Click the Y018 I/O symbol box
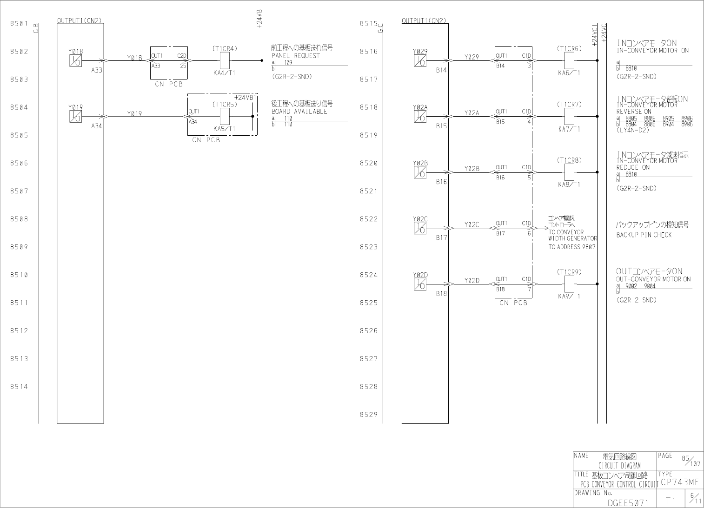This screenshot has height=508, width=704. [x=75, y=61]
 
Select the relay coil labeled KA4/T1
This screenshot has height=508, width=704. [x=225, y=60]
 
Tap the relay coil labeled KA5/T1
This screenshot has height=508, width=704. [x=225, y=116]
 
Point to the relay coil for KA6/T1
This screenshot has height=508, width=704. [x=569, y=60]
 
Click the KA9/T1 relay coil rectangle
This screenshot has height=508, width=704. [x=569, y=284]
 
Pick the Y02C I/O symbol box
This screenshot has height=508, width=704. [x=420, y=228]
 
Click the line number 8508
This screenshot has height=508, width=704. [x=19, y=219]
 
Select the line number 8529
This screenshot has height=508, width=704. [x=368, y=415]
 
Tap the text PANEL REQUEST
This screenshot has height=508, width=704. [x=296, y=55]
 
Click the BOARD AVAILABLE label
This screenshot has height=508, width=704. [x=299, y=112]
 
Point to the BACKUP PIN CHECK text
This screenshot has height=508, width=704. [x=644, y=235]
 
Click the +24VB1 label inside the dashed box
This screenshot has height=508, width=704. [x=246, y=98]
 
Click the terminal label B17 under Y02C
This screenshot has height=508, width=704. [x=441, y=238]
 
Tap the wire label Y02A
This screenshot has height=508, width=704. [x=472, y=113]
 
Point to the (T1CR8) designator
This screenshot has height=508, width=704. [x=569, y=160]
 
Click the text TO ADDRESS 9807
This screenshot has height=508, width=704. [x=571, y=247]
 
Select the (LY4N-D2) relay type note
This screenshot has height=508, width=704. [x=632, y=130]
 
